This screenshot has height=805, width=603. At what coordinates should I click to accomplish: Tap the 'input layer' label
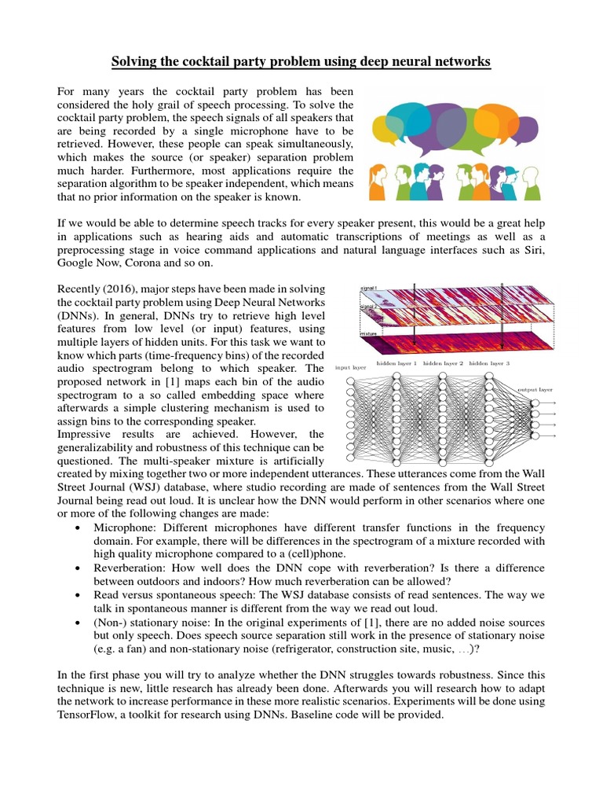[x=351, y=367]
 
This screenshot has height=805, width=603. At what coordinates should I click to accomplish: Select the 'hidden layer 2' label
[x=444, y=364]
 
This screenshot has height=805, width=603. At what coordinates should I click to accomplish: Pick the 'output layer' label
[x=535, y=388]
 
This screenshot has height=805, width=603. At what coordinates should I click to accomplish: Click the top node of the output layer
[x=535, y=403]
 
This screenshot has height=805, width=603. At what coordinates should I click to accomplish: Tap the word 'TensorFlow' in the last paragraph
[x=90, y=715]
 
